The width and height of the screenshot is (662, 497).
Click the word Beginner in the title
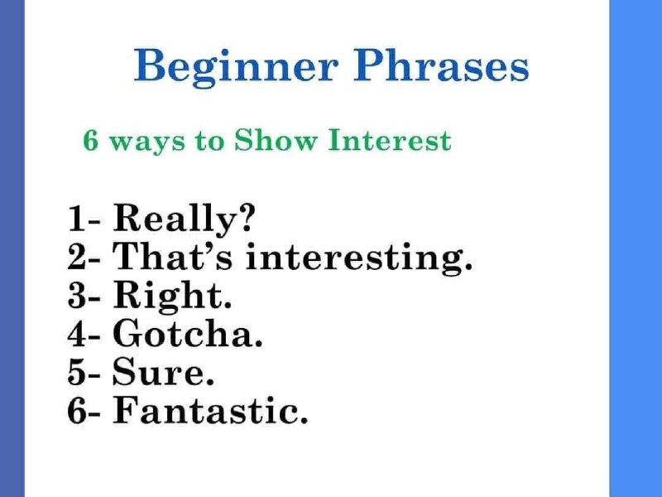coord(236,67)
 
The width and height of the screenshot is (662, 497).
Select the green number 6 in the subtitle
coord(91,140)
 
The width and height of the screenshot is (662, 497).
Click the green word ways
coord(147,143)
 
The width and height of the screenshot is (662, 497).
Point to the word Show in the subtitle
coord(275,140)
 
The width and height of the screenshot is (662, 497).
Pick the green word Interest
coord(390,140)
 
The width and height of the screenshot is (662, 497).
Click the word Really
coord(174,218)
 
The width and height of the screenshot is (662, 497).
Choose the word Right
coord(169,297)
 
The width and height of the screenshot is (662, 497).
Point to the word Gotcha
coord(184,333)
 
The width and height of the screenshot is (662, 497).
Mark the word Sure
coord(159,372)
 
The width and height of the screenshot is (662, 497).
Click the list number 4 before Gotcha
coord(76,333)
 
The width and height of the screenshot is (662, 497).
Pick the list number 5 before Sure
coord(76,372)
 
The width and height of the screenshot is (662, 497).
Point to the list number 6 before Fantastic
coord(76,410)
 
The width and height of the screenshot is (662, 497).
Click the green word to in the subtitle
coord(209,141)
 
